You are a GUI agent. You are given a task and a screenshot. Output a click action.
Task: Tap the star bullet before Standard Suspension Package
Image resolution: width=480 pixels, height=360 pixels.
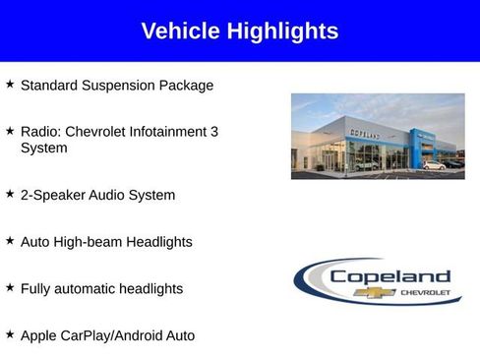(10, 85)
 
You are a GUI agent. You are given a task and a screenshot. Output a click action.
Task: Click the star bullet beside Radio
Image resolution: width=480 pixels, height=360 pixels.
(10, 131)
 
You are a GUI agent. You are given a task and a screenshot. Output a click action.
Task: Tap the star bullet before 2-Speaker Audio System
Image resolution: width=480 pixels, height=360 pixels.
(10, 194)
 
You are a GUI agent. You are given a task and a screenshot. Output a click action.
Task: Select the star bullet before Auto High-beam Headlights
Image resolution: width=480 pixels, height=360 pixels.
(10, 241)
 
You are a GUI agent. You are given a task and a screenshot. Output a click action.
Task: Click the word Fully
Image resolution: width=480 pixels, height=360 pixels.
(36, 289)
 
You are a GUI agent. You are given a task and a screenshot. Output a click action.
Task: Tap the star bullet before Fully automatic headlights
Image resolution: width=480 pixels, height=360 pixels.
(10, 288)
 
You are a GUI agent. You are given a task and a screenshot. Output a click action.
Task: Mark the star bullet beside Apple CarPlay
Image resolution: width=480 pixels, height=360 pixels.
(10, 335)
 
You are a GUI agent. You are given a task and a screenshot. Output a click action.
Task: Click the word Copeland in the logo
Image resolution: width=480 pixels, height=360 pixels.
(390, 276)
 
